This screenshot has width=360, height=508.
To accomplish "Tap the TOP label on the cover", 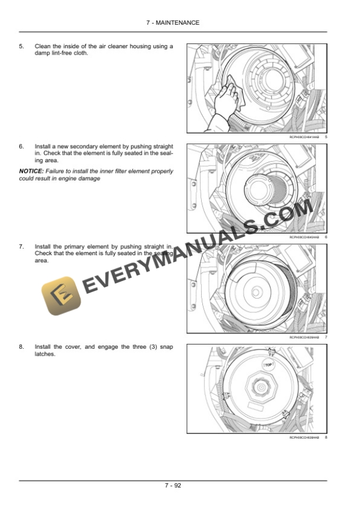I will (269, 365).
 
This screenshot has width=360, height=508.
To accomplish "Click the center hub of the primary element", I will (255, 291).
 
